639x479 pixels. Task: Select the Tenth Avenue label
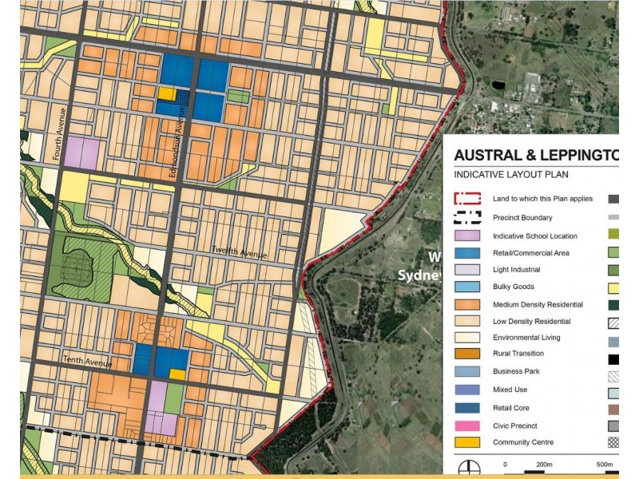(x=86, y=363)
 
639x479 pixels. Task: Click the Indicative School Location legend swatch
(x=466, y=236)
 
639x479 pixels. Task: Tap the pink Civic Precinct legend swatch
(x=466, y=426)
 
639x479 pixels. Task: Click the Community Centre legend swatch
(x=466, y=442)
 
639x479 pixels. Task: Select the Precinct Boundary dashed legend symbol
(x=466, y=217)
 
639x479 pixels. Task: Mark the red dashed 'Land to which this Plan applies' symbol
(x=466, y=199)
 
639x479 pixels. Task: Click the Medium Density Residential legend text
(x=538, y=304)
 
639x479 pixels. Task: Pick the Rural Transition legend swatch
(x=466, y=354)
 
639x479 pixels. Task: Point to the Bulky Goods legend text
(x=514, y=287)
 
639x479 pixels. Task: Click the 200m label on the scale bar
(x=544, y=464)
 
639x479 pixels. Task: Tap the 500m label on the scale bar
(x=604, y=464)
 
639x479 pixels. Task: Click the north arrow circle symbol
(x=466, y=466)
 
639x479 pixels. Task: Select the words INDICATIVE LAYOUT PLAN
(x=511, y=173)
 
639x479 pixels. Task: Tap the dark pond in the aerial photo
(x=498, y=84)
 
